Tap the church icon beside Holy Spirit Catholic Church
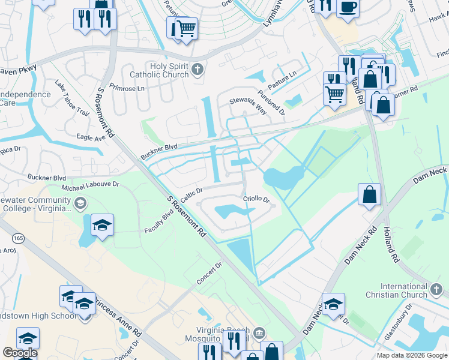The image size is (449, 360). pos(196,71)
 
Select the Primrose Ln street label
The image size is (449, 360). pos(128,88)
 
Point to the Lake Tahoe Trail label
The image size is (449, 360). pos(71,98)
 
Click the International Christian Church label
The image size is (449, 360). pos(396,291)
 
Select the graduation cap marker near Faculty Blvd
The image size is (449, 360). pos(102,225)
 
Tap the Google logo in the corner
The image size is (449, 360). pos(19,353)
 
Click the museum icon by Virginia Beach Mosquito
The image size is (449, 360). pos(259,332)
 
